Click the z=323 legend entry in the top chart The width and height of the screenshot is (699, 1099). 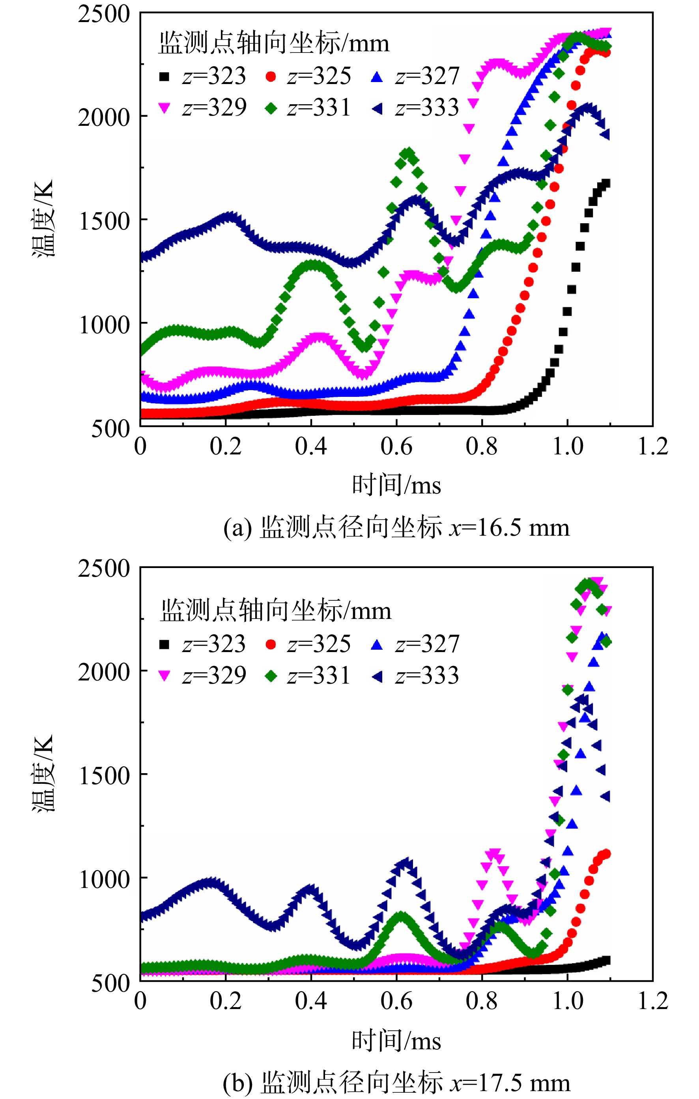coord(203,76)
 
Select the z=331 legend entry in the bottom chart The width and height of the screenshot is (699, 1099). coord(308,675)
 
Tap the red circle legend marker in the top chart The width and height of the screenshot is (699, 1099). coord(271,77)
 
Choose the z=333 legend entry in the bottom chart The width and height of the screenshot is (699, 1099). coord(415,675)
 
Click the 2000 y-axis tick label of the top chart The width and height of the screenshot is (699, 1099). coord(104,117)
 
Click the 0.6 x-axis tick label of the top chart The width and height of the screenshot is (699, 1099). coord(396,446)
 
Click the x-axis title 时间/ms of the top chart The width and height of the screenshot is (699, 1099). coord(396,484)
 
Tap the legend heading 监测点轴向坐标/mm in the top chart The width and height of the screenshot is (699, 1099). coord(274,43)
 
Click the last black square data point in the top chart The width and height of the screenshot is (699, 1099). coord(606,183)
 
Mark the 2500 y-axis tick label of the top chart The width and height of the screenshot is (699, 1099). coord(104,14)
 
